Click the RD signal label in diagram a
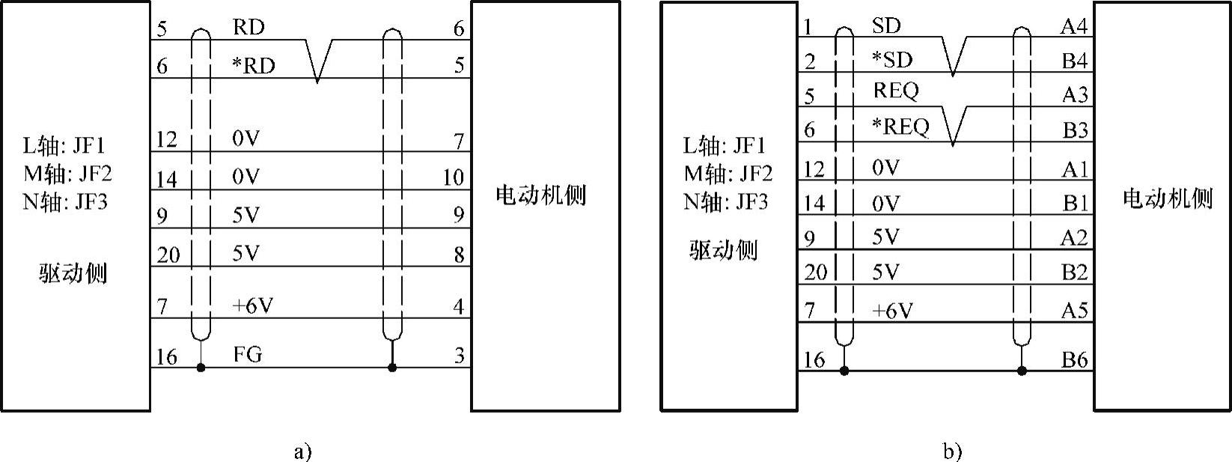click(248, 28)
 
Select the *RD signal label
click(253, 67)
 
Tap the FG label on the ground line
click(248, 354)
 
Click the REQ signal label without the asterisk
click(895, 91)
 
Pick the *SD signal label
click(892, 59)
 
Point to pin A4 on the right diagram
click(1073, 27)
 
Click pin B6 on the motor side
click(1074, 360)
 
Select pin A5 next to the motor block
click(1074, 310)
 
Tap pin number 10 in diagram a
click(453, 177)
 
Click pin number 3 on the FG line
click(459, 355)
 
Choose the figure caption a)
click(302, 452)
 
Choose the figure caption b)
click(953, 452)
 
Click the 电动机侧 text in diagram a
click(540, 196)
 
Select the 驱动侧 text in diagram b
click(723, 250)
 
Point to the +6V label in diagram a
click(252, 306)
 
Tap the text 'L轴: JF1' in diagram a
click(64, 145)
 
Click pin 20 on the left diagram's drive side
click(168, 255)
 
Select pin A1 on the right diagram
click(1074, 170)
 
